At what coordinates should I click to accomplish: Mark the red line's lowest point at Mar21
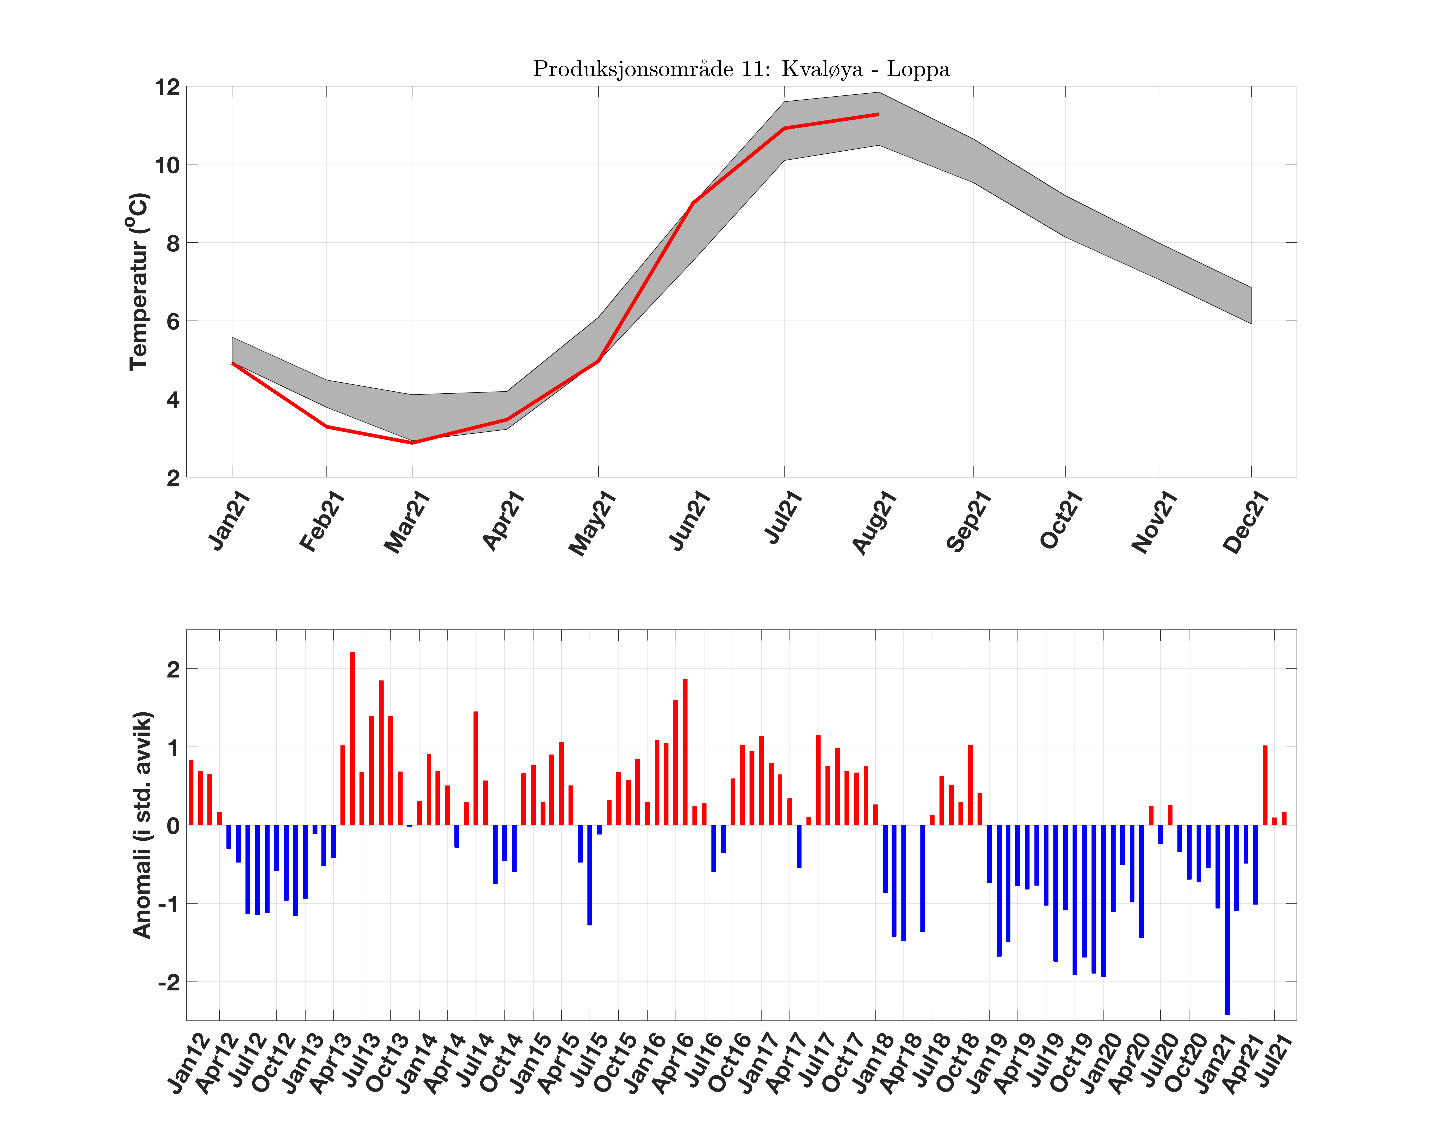coord(412,442)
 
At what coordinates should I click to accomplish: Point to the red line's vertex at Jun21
coord(693,203)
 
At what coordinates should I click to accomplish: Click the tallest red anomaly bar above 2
coord(352,738)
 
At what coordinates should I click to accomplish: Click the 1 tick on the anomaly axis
coord(173,747)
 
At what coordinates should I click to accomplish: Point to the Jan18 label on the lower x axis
coord(873,1064)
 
